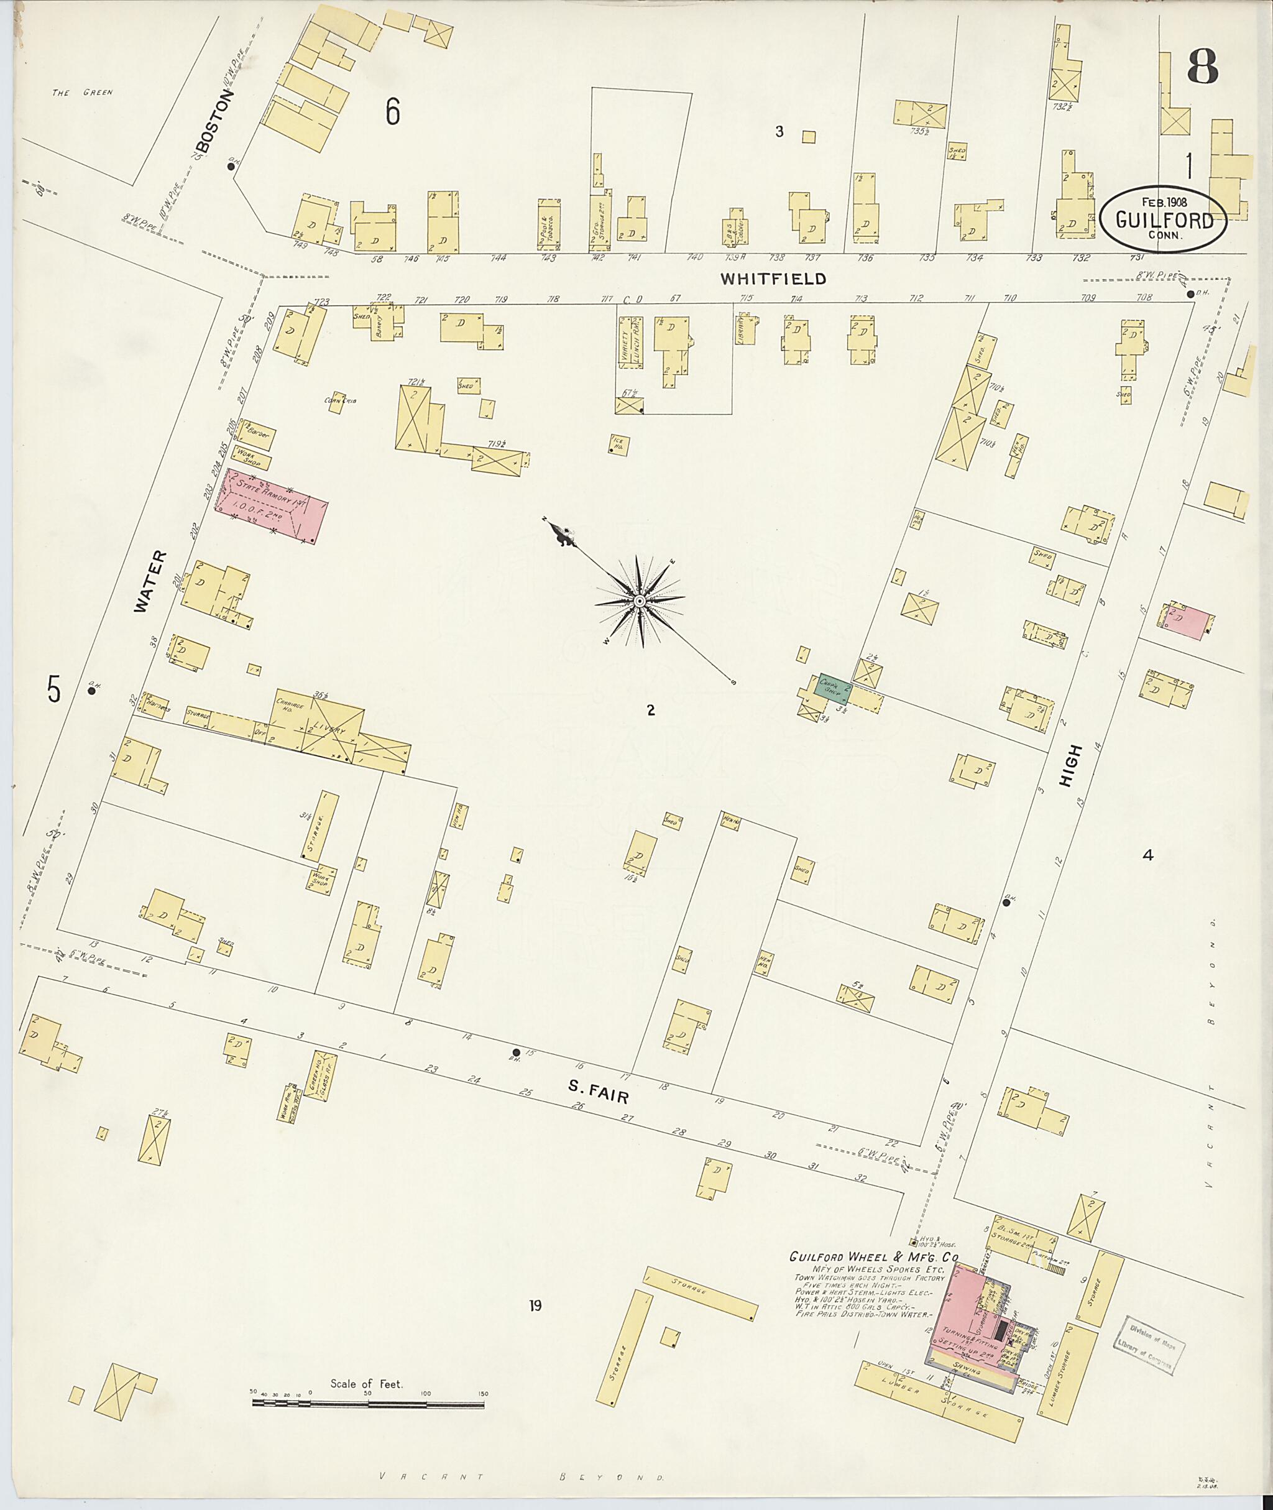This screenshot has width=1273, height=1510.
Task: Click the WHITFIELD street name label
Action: pyautogui.click(x=772, y=279)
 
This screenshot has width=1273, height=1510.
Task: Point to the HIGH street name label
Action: pyautogui.click(x=1072, y=767)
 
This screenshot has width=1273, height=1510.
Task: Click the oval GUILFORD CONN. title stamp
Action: pyautogui.click(x=1164, y=219)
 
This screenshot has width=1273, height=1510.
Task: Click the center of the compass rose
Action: pyautogui.click(x=640, y=601)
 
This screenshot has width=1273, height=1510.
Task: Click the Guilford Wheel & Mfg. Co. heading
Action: pyautogui.click(x=873, y=1258)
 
